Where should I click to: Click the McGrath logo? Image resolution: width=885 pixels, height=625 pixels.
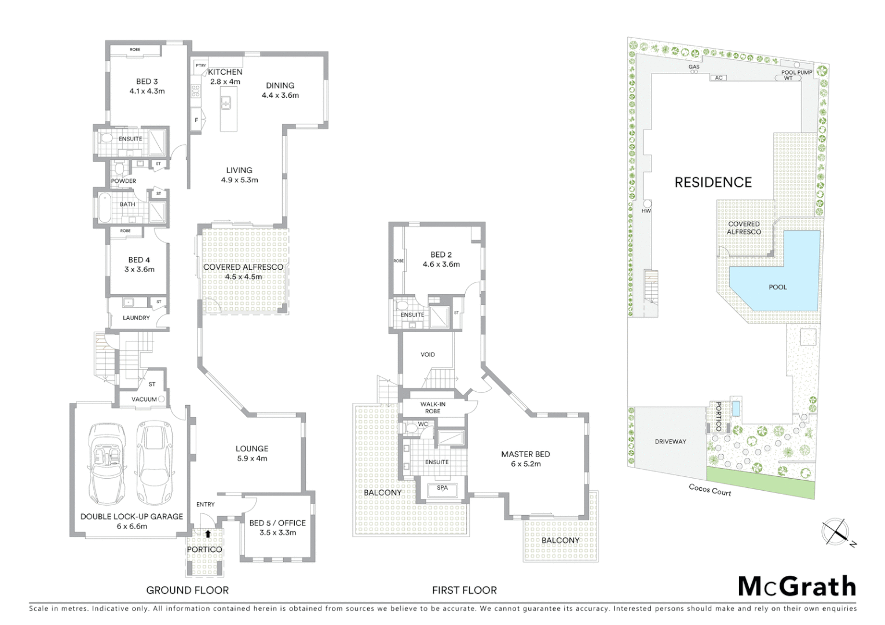[x=797, y=587]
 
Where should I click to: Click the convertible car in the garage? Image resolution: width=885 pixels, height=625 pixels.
[x=107, y=464]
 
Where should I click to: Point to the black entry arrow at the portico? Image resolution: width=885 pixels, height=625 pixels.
[x=207, y=534]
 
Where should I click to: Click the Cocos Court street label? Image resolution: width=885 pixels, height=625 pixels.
[x=710, y=490]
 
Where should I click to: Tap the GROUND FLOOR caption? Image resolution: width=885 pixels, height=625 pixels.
[x=187, y=590]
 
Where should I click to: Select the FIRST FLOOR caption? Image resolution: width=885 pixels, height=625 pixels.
[x=464, y=590]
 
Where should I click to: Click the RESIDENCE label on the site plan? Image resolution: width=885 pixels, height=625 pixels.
[x=713, y=182]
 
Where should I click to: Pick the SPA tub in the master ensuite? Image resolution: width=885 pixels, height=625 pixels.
[x=442, y=489]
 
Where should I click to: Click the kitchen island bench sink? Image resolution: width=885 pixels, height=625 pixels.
[x=225, y=104]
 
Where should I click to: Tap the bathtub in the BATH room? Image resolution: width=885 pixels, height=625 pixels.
[x=104, y=208]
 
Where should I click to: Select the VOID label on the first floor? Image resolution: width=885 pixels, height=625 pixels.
[x=427, y=355]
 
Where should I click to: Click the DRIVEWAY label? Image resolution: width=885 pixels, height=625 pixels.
[x=670, y=442]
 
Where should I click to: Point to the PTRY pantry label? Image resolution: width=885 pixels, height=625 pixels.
[x=200, y=65]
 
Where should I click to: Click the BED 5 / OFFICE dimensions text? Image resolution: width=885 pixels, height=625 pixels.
[x=277, y=532]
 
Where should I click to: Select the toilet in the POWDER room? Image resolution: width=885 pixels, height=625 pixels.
[x=119, y=168]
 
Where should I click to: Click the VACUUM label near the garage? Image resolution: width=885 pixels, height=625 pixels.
[x=144, y=399]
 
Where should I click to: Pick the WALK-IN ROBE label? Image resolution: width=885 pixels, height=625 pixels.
[x=433, y=408]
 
